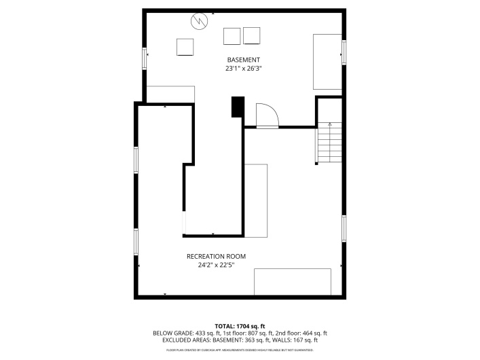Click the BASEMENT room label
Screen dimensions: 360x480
click(x=243, y=60)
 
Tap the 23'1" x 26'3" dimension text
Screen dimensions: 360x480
click(x=243, y=69)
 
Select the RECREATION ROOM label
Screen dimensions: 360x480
click(x=216, y=256)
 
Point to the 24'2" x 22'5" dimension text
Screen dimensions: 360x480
click(x=216, y=265)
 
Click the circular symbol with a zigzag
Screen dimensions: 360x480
click(x=199, y=22)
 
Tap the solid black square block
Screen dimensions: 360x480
click(x=238, y=107)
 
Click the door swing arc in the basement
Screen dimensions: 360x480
click(x=267, y=115)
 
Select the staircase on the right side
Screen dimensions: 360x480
click(x=329, y=143)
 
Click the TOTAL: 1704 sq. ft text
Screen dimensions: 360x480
click(x=240, y=326)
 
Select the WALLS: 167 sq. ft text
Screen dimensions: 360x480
click(x=297, y=340)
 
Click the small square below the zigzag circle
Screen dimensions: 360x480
click(x=185, y=47)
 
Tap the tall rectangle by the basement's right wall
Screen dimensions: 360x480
click(x=327, y=62)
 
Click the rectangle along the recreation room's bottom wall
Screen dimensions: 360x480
click(x=292, y=282)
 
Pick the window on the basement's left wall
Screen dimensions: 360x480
click(x=144, y=58)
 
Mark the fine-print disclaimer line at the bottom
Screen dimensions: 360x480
click(x=240, y=350)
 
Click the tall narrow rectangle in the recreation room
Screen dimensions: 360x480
click(x=256, y=200)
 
